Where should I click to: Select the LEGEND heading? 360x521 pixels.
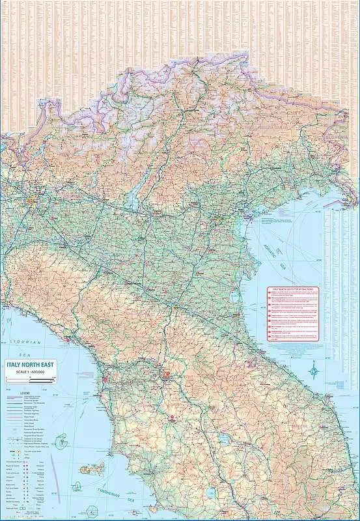pos(24,393)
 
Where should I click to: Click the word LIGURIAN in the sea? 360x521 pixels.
pos(25,341)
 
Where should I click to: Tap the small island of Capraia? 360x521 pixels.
pos(63,440)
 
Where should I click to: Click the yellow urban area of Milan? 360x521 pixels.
pos(33,206)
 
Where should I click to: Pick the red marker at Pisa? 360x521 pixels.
pos(103,377)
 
